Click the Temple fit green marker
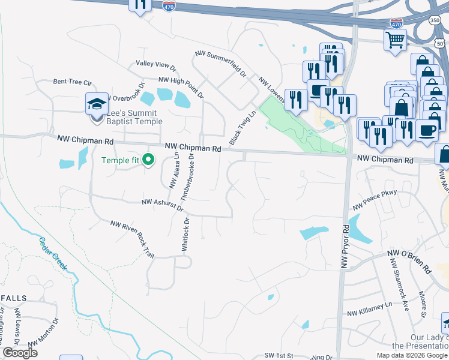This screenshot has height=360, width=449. (149, 160)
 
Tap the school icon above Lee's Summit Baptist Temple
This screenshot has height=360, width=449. (97, 104)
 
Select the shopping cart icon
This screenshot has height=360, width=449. (395, 40)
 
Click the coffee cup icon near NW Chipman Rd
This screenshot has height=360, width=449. (427, 130)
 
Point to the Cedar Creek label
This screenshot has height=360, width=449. (53, 254)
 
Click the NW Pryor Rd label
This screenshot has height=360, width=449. (345, 245)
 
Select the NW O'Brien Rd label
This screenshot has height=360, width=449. (410, 262)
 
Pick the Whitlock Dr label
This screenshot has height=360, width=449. (185, 235)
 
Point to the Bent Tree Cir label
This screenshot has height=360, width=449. (71, 82)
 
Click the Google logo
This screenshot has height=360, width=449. (20, 352)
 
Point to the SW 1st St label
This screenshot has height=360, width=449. (279, 356)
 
